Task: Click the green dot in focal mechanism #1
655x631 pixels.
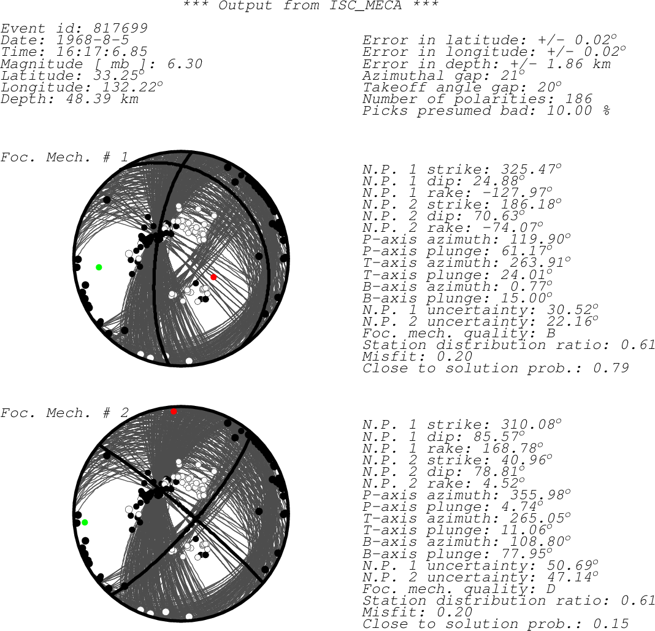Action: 99,267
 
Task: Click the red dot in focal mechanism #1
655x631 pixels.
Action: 213,277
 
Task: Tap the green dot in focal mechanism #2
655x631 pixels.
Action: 85,522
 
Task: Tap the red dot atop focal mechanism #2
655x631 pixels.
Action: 174,411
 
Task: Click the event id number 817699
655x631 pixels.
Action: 120,28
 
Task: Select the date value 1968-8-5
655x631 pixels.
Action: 93,40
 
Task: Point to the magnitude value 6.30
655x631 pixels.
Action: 185,64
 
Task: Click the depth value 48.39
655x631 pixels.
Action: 88,99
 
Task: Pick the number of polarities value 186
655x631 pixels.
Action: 578,99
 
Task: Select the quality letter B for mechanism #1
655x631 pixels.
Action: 551,333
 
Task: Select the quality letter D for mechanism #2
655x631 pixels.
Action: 551,589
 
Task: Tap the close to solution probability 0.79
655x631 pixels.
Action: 611,368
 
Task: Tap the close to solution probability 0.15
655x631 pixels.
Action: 611,624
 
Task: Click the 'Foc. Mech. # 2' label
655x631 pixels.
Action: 65,413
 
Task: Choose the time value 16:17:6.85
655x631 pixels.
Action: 102,52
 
